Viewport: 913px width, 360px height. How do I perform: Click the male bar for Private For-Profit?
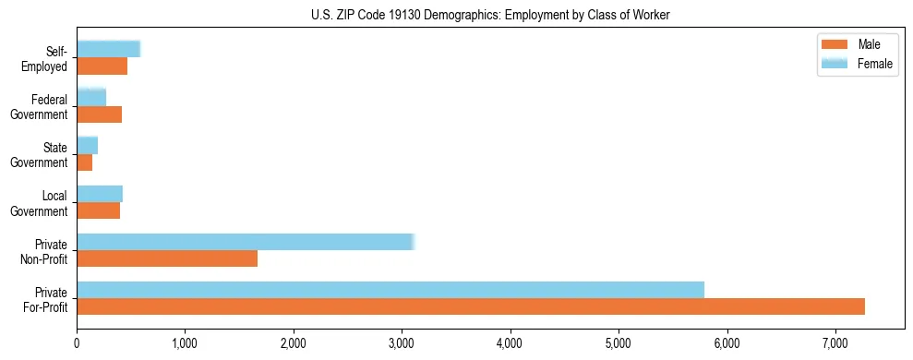point(471,306)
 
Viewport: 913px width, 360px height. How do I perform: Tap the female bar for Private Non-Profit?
point(246,242)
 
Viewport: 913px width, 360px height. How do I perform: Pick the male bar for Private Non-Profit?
point(167,258)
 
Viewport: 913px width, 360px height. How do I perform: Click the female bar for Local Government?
point(100,194)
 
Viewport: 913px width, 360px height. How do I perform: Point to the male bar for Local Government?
point(98,210)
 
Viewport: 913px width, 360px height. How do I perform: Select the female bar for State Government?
point(87,146)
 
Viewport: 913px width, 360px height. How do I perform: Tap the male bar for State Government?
point(84,162)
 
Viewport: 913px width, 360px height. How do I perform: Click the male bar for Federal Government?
point(99,114)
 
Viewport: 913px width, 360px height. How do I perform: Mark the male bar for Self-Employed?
point(102,66)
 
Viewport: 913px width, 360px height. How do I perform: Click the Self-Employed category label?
point(49,58)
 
